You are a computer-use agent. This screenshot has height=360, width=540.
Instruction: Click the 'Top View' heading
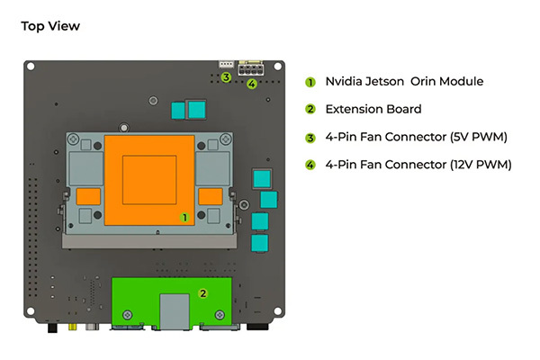[x=50, y=26]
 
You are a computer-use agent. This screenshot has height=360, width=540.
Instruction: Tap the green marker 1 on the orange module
[x=184, y=218]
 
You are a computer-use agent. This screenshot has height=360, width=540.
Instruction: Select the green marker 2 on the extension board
[x=202, y=293]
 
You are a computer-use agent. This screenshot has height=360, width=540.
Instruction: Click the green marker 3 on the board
[x=226, y=77]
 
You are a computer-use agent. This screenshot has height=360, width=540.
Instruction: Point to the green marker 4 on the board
[x=252, y=84]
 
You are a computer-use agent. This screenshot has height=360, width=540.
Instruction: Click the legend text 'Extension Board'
[x=373, y=109]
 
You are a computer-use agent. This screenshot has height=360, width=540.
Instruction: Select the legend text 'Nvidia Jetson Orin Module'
[x=404, y=81]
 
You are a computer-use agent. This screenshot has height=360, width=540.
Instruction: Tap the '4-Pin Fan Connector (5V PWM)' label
[x=417, y=137]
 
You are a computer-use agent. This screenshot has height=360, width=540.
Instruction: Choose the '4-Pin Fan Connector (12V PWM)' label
[x=418, y=165]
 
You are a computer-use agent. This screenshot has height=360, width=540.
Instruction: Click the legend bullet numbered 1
[x=310, y=82]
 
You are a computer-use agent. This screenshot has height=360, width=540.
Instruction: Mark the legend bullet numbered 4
[x=310, y=166]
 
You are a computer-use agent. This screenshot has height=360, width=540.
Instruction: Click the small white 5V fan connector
[x=226, y=64]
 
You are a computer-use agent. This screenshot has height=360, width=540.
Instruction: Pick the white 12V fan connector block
[x=251, y=67]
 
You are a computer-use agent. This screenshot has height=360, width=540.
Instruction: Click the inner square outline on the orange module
[x=149, y=180]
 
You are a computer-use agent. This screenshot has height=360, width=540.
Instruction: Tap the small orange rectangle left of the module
[x=88, y=196]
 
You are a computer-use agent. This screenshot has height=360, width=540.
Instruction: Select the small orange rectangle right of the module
[x=211, y=196]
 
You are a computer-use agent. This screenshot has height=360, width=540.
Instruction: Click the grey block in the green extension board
[x=175, y=311]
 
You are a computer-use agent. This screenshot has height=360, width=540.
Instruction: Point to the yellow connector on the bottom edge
[x=72, y=326]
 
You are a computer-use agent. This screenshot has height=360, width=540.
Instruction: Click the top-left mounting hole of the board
[x=31, y=66]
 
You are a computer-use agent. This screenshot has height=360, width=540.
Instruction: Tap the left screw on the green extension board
[x=128, y=315]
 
